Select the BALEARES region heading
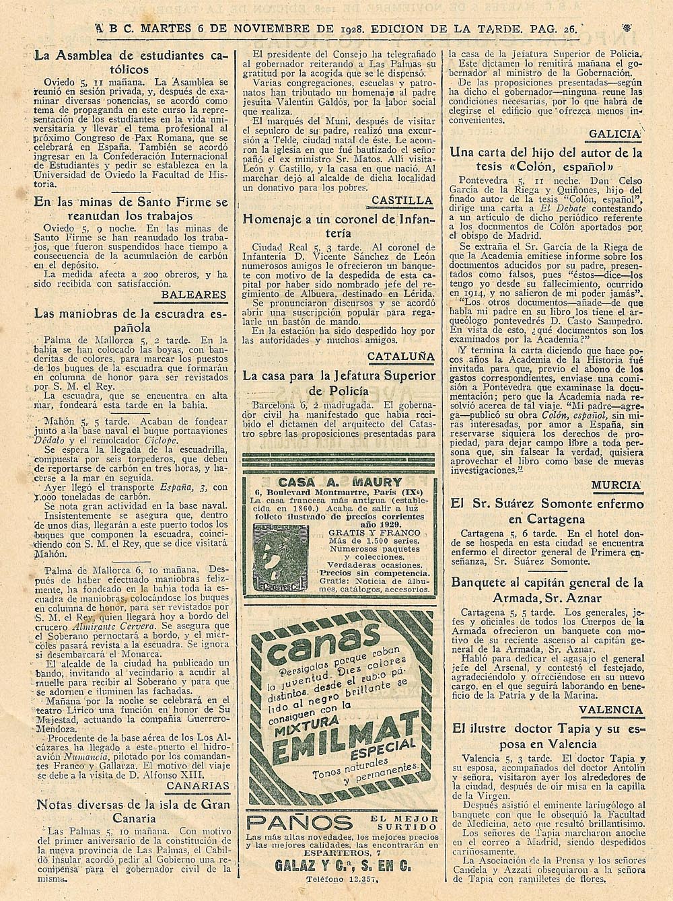pos(194,295)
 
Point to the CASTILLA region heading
pos(402,200)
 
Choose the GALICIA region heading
pos(615,134)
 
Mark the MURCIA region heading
pos(617,484)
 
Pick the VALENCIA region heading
pos(611,710)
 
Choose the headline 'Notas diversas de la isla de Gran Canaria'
pos(132,811)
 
